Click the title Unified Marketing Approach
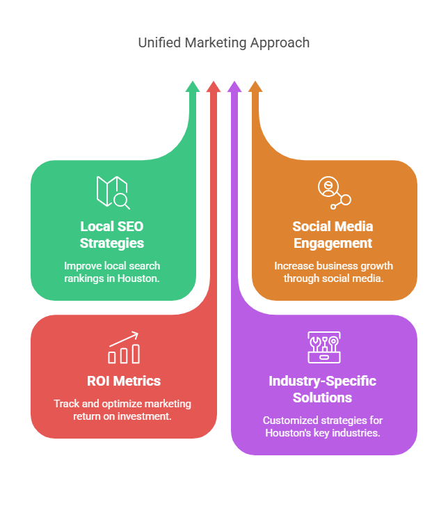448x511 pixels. click(x=223, y=42)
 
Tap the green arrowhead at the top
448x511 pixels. click(x=193, y=87)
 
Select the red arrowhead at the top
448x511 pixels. click(x=214, y=87)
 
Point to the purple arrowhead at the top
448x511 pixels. click(x=234, y=87)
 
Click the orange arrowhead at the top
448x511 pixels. click(x=255, y=87)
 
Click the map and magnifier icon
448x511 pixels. click(x=113, y=192)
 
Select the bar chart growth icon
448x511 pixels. click(x=124, y=347)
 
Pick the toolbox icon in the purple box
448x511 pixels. click(x=323, y=347)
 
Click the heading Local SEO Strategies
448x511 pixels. click(x=112, y=235)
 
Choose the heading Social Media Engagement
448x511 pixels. click(x=333, y=235)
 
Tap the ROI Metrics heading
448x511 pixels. click(x=123, y=381)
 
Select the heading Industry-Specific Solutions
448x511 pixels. click(x=323, y=389)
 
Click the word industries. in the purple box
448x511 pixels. click(x=358, y=432)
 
